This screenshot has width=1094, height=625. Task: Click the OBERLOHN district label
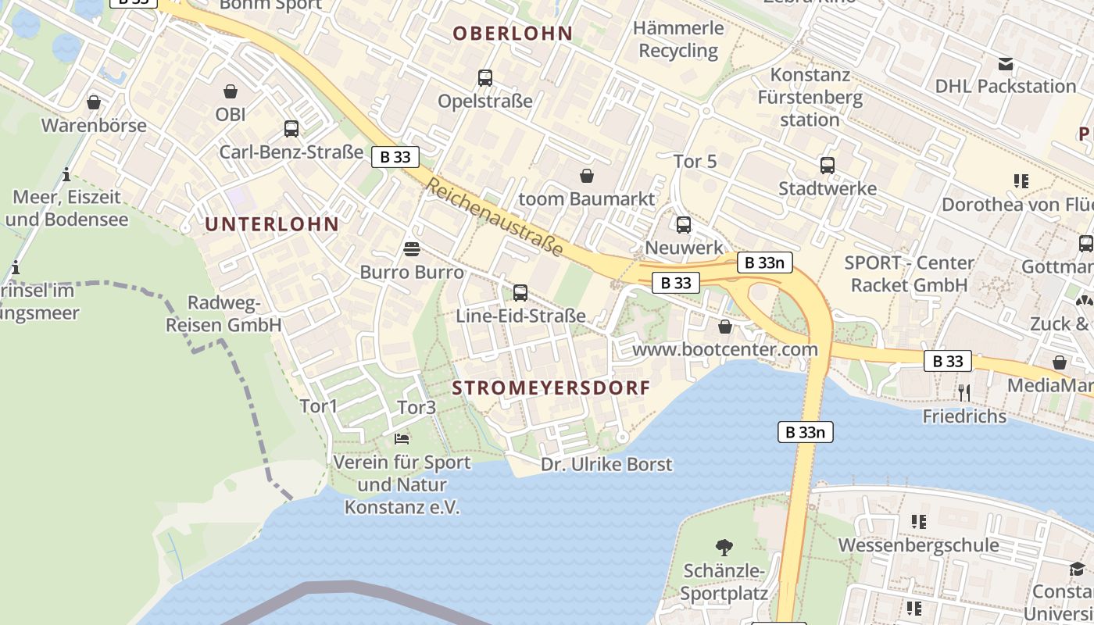pos(513,34)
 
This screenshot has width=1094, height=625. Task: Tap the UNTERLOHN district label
pos(272,224)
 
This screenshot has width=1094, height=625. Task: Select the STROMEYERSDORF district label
pos(551,387)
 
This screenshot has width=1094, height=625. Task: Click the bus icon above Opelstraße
pos(485,78)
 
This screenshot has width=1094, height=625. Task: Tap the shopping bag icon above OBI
pos(231,92)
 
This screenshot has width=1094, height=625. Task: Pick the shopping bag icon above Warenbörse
pos(94,102)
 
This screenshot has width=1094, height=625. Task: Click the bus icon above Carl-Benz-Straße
pos(291,129)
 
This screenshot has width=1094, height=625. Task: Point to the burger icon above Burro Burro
pos(412,249)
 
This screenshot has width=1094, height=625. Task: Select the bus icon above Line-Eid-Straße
pos(520,293)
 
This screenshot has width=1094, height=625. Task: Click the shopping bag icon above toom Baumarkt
pos(587,176)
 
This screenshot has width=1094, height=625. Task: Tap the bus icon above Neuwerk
pos(684,225)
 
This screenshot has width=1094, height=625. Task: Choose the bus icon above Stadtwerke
pos(828,166)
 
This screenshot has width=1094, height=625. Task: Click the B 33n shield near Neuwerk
pos(764,262)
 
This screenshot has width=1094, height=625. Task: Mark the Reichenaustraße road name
pos(495,216)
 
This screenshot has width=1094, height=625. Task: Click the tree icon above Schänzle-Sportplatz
pos(724,548)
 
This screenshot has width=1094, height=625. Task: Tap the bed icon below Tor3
pos(402,439)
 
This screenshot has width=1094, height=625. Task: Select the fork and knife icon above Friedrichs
pos(964,392)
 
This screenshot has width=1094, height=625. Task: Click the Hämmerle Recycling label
pos(678,39)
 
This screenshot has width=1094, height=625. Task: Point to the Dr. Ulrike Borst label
pos(606,464)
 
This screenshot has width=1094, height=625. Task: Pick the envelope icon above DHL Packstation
pos(1006,64)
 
